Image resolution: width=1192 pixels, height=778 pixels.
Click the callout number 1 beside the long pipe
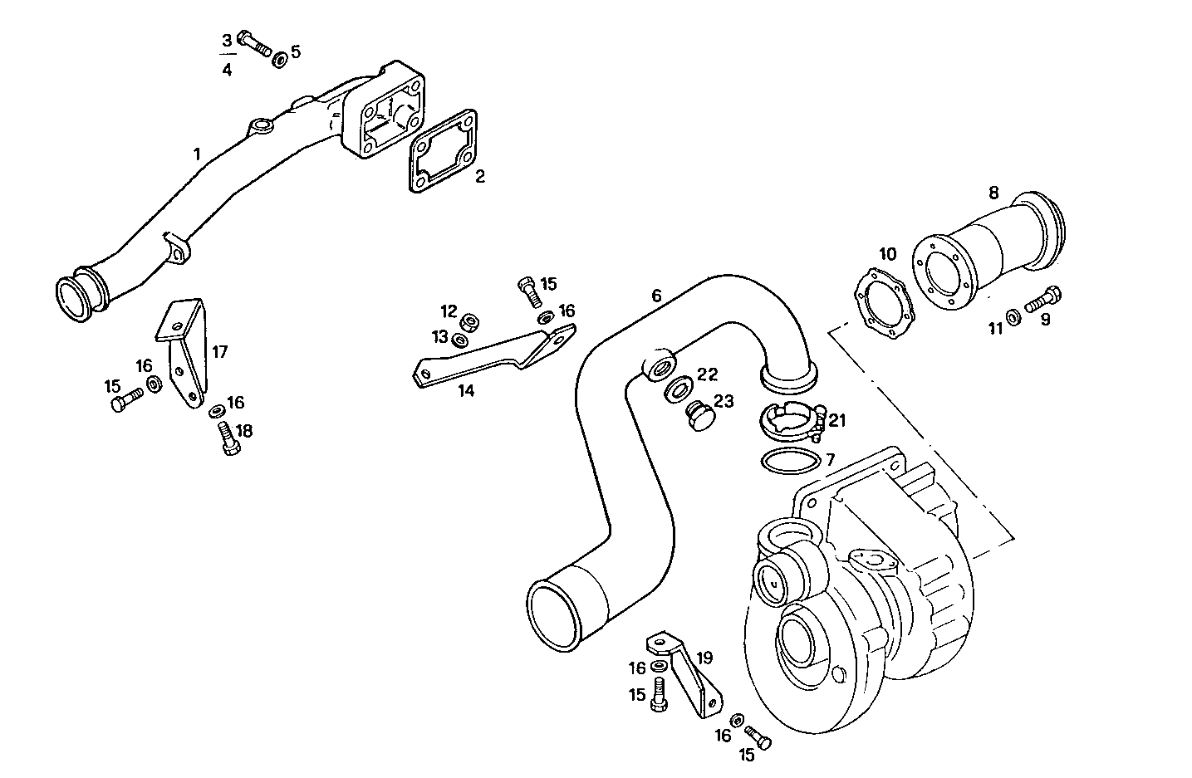tap(197, 154)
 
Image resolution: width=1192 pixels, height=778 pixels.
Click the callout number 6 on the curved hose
tap(656, 295)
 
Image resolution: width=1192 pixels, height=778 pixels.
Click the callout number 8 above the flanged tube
tap(993, 193)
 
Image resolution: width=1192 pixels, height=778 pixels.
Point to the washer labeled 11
tap(1013, 316)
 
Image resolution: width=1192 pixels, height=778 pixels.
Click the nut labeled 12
tap(470, 321)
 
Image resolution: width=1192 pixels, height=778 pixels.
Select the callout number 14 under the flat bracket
tap(466, 390)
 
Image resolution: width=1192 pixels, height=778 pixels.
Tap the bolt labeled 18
tap(228, 438)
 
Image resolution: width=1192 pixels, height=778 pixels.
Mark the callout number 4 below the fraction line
tap(227, 70)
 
